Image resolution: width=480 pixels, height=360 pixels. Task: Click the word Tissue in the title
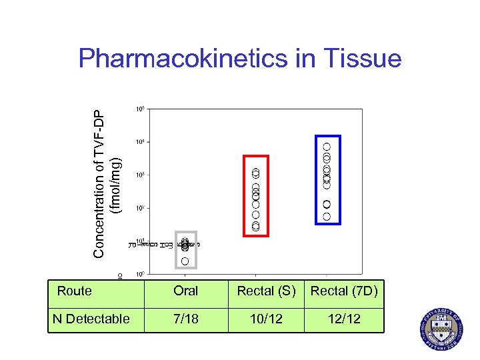tap(363, 59)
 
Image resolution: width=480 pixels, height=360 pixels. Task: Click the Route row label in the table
tap(75, 291)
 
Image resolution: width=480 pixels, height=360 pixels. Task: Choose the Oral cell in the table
tap(185, 291)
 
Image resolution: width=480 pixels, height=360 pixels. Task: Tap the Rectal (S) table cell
tap(266, 291)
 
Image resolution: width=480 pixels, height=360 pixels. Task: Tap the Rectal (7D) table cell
tap(345, 291)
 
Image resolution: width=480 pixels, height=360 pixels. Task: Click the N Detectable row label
tap(91, 319)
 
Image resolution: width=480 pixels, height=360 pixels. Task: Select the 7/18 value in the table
tap(185, 319)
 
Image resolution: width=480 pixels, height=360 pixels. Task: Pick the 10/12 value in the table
tap(266, 319)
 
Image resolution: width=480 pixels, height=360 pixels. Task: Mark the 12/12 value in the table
tap(345, 319)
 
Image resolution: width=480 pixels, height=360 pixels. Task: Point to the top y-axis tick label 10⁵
tap(139, 108)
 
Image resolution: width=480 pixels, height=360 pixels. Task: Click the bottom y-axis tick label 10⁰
tap(139, 274)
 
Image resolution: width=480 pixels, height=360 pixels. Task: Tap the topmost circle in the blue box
tap(327, 147)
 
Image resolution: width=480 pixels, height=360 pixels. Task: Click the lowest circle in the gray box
tap(185, 261)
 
